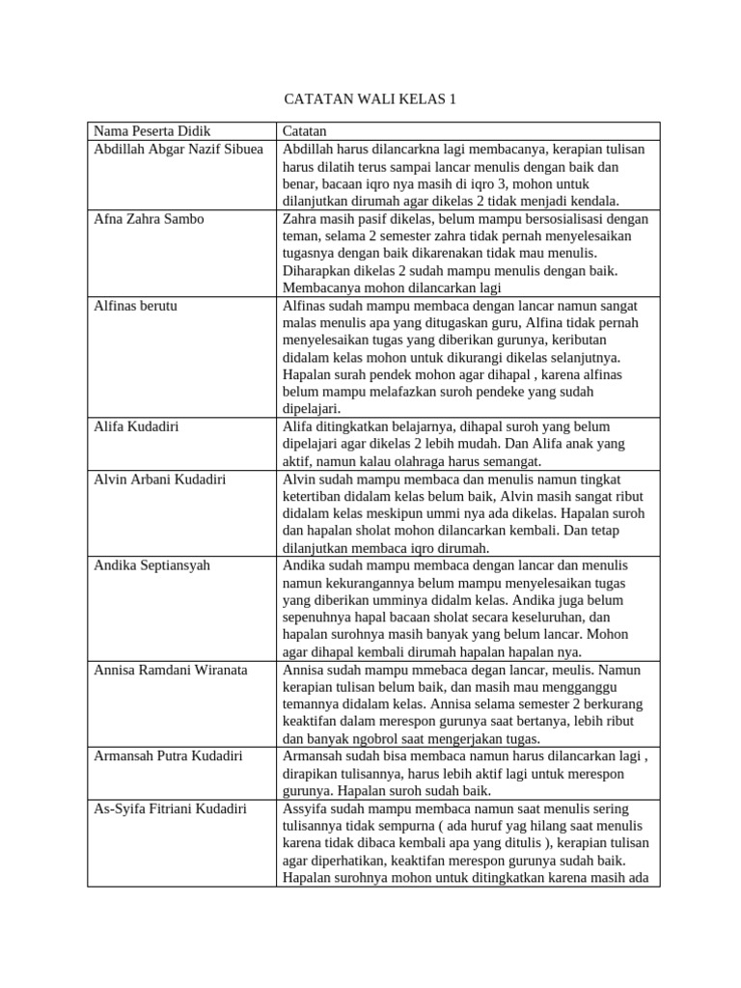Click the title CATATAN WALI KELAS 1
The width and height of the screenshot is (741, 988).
click(370, 98)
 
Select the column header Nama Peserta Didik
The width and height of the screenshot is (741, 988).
click(151, 131)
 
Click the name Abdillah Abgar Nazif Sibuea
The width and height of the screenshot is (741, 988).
click(178, 150)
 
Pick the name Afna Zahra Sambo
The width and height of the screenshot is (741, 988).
click(149, 219)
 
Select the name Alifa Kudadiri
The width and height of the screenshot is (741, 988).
click(140, 426)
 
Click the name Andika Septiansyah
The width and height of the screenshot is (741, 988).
click(153, 565)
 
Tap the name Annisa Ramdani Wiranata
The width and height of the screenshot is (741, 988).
click(171, 670)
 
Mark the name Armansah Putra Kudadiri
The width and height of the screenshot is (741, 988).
click(168, 755)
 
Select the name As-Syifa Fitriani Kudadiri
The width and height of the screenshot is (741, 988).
click(171, 809)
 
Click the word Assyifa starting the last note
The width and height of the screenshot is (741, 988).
click(308, 809)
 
